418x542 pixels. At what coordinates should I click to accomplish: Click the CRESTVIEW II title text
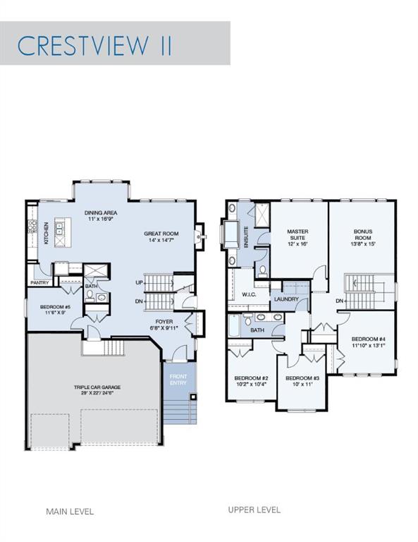point(94,45)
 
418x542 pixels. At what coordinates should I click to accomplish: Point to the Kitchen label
point(46,233)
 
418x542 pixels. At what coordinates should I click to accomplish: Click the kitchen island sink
point(59,228)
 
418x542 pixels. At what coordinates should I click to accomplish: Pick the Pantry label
point(39,283)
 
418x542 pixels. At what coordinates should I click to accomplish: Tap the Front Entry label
point(178,380)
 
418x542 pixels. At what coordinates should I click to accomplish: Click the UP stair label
point(139,283)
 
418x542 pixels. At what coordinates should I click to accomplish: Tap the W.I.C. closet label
point(249,295)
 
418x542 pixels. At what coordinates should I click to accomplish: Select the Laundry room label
point(286,299)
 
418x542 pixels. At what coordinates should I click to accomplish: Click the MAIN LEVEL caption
point(70,511)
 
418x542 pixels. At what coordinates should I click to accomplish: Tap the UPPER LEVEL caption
point(254,510)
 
